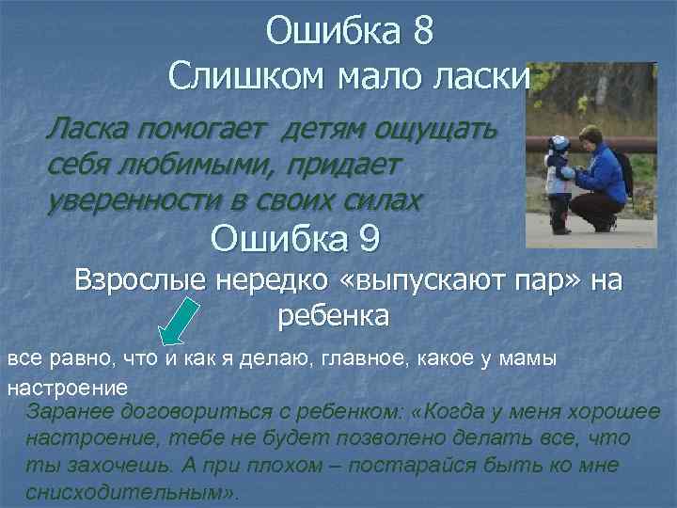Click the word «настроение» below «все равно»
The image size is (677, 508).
67,386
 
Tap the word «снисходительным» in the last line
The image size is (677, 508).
128,492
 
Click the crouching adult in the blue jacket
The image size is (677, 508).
597,179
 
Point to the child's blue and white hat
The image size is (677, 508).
560,143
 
